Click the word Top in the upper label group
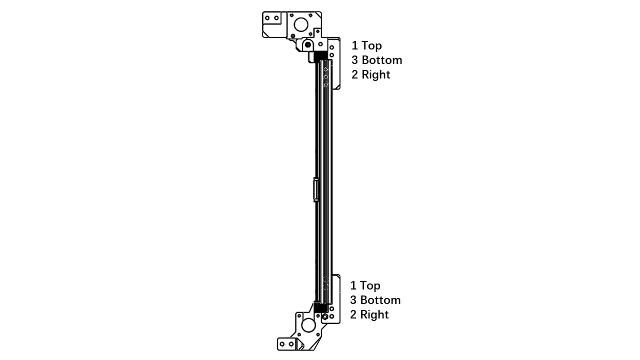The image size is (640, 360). click(371, 45)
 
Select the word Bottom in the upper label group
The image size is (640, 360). click(382, 60)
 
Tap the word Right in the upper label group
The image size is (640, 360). click(376, 75)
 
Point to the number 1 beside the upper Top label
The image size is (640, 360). click(354, 45)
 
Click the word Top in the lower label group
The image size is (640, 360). click(370, 285)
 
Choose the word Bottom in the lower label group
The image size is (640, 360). click(380, 300)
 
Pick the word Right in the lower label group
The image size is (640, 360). click(374, 314)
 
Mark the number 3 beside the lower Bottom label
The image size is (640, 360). click(353, 300)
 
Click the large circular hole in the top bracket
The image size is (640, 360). click(301, 24)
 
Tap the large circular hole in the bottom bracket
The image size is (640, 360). click(308, 325)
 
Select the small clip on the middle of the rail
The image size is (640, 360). click(315, 189)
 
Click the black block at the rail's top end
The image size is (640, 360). click(320, 56)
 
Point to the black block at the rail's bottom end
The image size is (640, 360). click(320, 307)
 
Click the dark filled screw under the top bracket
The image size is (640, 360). click(307, 44)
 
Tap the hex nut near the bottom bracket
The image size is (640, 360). click(325, 316)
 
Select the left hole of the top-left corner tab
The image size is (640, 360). click(267, 18)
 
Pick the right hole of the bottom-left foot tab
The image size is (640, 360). click(291, 344)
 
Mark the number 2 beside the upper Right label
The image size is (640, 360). click(354, 75)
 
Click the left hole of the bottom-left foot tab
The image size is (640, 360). click(282, 344)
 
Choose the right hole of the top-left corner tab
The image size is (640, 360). click(276, 18)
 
